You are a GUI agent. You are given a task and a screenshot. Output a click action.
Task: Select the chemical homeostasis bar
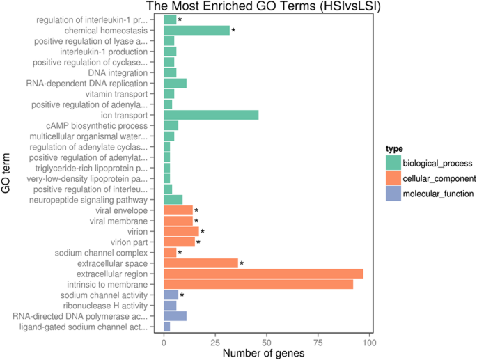point(196,31)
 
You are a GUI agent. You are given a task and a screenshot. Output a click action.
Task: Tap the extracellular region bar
point(263,274)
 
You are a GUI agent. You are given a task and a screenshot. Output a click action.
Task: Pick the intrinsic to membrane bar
point(258,284)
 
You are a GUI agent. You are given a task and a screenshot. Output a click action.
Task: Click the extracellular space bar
point(201,263)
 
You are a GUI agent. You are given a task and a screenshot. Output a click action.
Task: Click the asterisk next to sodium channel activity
point(182,295)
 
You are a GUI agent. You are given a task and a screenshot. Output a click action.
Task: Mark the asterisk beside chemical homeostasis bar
point(233,31)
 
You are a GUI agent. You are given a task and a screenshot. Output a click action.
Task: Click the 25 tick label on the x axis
point(215,343)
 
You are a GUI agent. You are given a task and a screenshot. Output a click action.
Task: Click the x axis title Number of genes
point(267,353)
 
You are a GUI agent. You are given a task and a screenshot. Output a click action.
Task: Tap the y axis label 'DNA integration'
point(118,72)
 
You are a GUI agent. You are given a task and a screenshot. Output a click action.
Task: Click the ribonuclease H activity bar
point(170,305)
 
